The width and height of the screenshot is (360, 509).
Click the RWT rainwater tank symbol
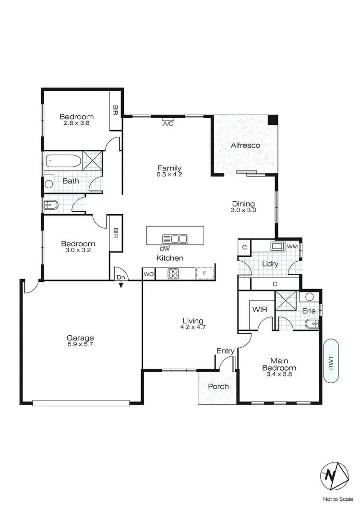pyautogui.click(x=331, y=362)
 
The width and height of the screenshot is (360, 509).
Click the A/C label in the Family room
pyautogui.click(x=168, y=123)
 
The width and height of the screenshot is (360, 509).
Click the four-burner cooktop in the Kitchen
pyautogui.click(x=173, y=274)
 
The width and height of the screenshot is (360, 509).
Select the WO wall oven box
pyautogui.click(x=148, y=274)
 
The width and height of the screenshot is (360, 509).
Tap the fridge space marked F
pyautogui.click(x=205, y=274)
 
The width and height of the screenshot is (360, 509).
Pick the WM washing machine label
pyautogui.click(x=292, y=247)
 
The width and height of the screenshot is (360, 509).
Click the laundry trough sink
pyautogui.click(x=276, y=246)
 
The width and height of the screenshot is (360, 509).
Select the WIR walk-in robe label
pyautogui.click(x=260, y=310)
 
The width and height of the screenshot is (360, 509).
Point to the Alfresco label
pyautogui.click(x=245, y=145)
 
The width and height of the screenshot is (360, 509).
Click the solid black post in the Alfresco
pyautogui.click(x=273, y=120)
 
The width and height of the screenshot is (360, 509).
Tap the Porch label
pyautogui.click(x=218, y=387)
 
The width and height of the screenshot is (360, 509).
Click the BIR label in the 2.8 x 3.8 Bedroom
pyautogui.click(x=116, y=110)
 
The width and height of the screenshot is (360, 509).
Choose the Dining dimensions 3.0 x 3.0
pyautogui.click(x=243, y=210)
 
